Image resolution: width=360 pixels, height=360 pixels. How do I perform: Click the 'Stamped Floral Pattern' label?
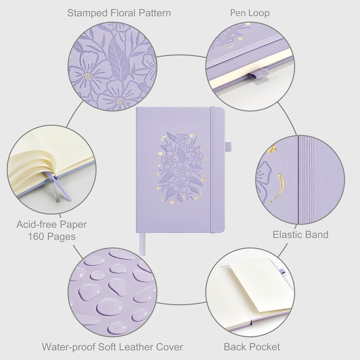tap(119, 13)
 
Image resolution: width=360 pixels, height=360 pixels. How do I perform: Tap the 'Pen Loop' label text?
tap(250, 13)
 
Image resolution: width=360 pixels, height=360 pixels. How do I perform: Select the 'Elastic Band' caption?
tap(301, 234)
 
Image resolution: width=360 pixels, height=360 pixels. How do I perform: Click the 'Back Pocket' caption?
tap(252, 347)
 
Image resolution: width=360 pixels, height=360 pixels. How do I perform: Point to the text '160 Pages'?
tap(52, 237)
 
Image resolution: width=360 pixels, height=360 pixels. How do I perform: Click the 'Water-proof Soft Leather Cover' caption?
tap(112, 347)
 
